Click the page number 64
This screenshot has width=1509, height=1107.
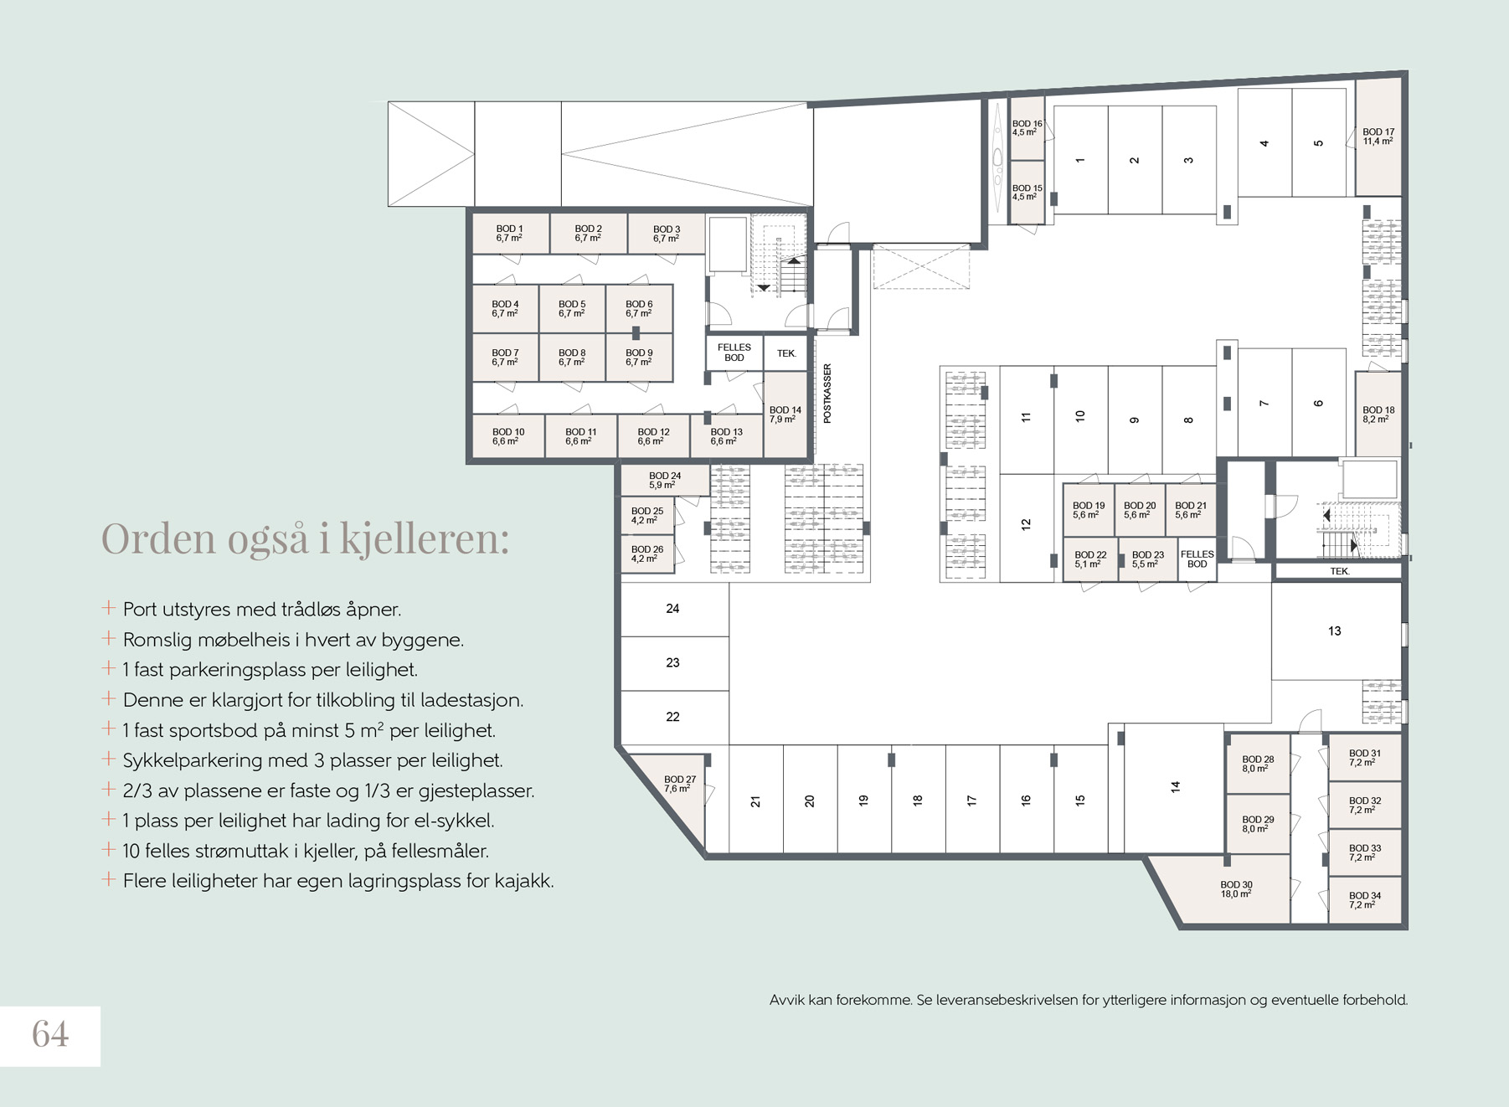click(50, 1034)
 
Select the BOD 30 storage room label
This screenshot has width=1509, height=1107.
click(1236, 889)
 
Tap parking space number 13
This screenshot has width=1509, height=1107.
click(1335, 631)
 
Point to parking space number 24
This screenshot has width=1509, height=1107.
click(673, 609)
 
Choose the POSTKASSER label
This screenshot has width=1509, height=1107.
click(827, 394)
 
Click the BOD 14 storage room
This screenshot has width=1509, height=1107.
click(785, 414)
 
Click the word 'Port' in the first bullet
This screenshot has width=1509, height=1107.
click(141, 610)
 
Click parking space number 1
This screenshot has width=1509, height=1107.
click(1080, 160)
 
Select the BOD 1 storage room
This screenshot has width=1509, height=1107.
click(510, 234)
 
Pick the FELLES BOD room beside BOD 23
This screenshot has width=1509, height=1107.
click(1197, 559)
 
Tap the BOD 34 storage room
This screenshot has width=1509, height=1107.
click(1365, 900)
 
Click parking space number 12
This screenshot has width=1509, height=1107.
click(1027, 525)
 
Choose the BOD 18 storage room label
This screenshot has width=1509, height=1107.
click(1378, 414)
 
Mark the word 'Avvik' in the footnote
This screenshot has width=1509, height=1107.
click(787, 1000)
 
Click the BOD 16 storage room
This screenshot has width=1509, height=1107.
click(1027, 129)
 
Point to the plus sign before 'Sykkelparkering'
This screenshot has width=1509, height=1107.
click(108, 759)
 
